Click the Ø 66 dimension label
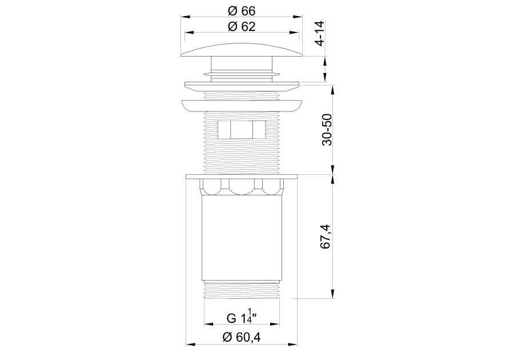pyautogui.click(x=242, y=11)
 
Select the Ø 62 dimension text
pyautogui.click(x=242, y=26)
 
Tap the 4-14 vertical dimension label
pyautogui.click(x=319, y=33)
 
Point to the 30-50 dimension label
pyautogui.click(x=327, y=130)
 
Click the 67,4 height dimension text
pyautogui.click(x=327, y=237)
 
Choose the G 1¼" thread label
pyautogui.click(x=242, y=317)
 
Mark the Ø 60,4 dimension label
pyautogui.click(x=242, y=337)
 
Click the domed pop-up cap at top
pyautogui.click(x=242, y=50)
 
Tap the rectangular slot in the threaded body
pyautogui.click(x=242, y=130)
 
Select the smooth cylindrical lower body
pyautogui.click(x=242, y=238)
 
